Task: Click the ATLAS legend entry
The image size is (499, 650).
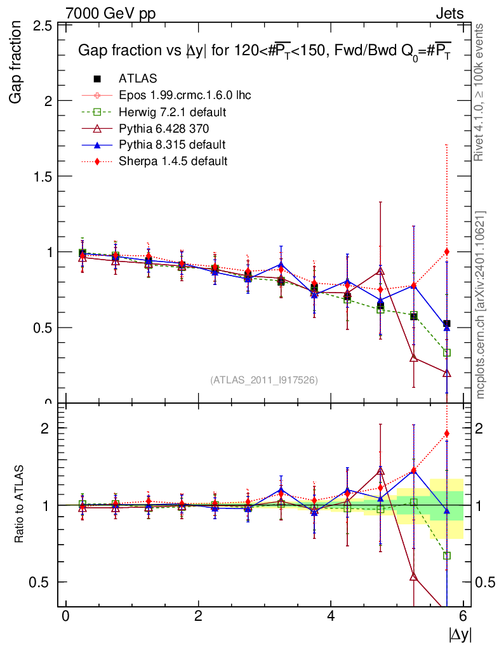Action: pos(138,79)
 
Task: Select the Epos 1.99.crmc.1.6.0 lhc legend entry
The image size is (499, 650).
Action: pos(185,95)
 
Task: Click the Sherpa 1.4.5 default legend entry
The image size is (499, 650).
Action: pos(173,161)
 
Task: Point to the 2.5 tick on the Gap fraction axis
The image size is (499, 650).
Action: pos(42,25)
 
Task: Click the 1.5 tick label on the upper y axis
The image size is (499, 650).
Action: pos(42,176)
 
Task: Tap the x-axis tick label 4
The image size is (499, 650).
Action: pos(331,616)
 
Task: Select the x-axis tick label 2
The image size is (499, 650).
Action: pos(198,616)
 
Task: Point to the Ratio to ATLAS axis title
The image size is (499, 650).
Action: pos(20,505)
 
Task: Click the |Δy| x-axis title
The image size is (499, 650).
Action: pos(460,634)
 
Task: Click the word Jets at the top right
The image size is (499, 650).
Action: pos(449,13)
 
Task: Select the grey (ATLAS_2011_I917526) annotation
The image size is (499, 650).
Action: pos(264,380)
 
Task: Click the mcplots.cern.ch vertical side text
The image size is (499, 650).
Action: pos(481,304)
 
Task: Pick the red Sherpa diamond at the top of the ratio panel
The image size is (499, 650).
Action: pos(447,434)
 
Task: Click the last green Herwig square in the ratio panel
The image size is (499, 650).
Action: pos(447,555)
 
